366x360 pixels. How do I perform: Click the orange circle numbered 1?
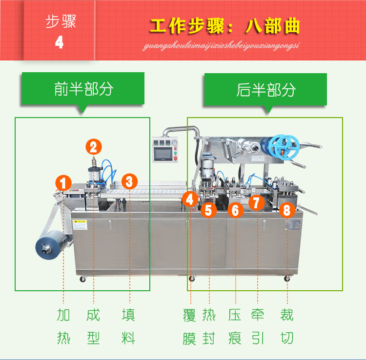tap(63, 183)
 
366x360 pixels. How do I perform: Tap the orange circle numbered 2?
tap(94, 146)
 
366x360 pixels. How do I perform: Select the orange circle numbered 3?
tap(129, 182)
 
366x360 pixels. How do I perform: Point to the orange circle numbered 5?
tap(209, 210)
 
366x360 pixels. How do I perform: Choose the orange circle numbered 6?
tap(236, 210)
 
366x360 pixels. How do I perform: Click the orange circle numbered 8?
tap(287, 210)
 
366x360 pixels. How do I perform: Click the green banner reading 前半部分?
tap(83, 89)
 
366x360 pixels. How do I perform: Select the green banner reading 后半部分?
tap(265, 90)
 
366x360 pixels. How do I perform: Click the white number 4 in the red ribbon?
tap(60, 42)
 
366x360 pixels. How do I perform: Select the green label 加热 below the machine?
tap(64, 326)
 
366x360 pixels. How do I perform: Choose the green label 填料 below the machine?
tap(129, 326)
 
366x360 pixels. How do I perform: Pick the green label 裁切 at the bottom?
tap(287, 326)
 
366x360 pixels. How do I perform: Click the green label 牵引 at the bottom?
tap(257, 326)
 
